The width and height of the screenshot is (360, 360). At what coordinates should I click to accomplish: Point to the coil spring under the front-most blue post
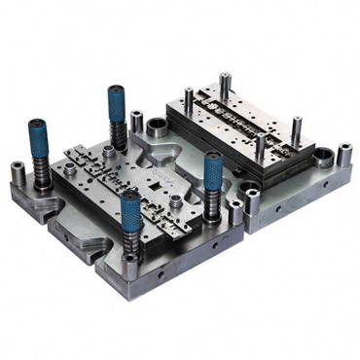[131, 239]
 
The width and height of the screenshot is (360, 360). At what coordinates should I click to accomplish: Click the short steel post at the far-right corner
[344, 154]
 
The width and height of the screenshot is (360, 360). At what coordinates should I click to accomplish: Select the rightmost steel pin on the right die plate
[296, 127]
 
